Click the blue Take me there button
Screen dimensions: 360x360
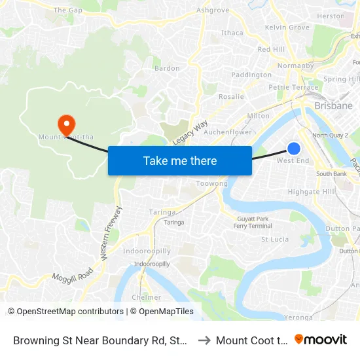pos(180,160)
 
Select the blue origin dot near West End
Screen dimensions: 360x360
pos(294,149)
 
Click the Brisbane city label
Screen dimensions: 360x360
pos(333,105)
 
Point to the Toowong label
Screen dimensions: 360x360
pos(211,185)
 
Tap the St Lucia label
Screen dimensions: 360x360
pos(275,240)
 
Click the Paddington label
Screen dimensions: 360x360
pos(251,75)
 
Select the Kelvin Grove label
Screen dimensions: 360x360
pos(287,27)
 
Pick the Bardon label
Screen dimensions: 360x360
pos(166,68)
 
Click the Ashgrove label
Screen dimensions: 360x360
pos(213,10)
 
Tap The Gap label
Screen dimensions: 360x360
pos(68,10)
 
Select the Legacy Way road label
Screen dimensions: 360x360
pos(190,133)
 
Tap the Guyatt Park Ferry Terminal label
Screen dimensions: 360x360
pos(253,222)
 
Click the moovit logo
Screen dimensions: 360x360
pos(320,339)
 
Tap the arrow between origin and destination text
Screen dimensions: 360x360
pos(203,340)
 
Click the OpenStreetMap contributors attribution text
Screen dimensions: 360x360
pos(65,312)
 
